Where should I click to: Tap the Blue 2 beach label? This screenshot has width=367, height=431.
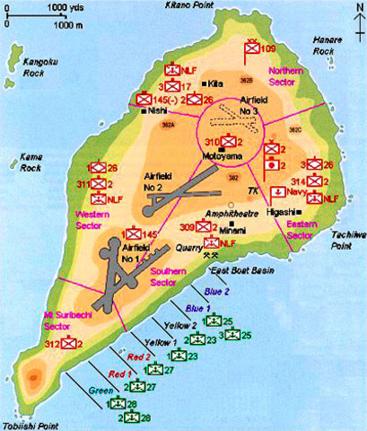215,291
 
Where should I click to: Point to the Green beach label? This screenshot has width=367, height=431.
98,390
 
